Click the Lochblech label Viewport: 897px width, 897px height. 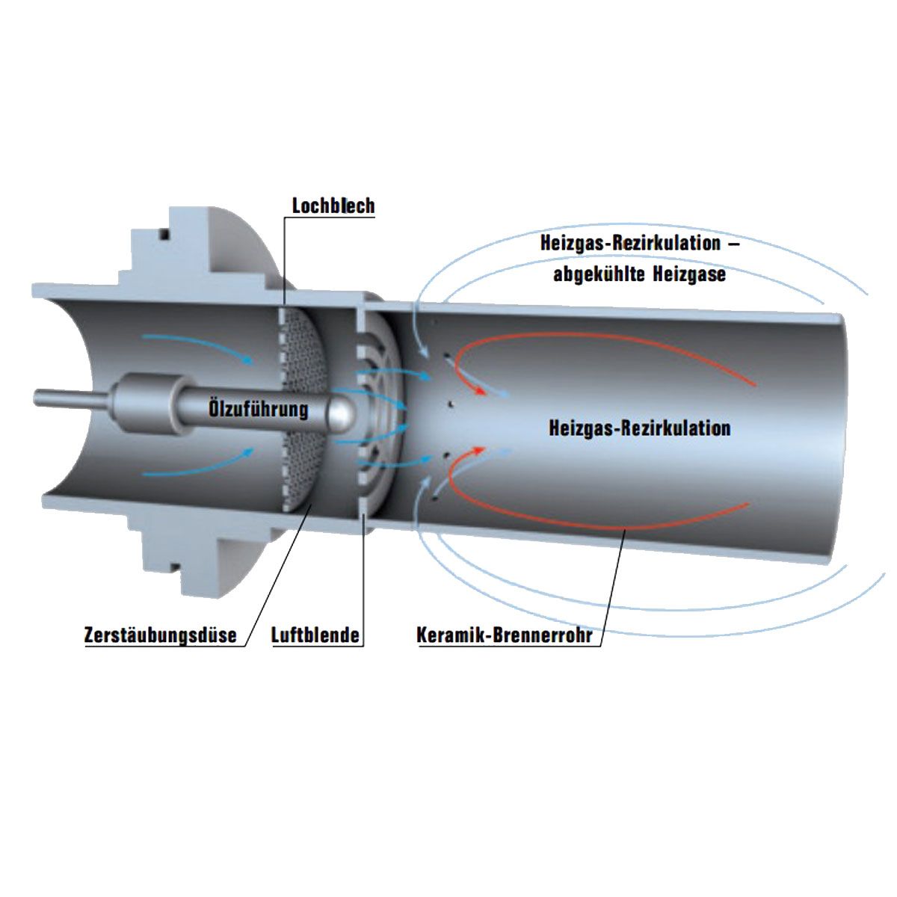333,206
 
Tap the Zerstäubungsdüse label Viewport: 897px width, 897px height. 161,635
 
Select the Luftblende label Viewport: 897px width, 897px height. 315,635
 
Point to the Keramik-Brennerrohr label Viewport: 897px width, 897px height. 505,635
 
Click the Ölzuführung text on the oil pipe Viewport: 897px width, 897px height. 259,409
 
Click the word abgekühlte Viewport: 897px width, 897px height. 599,274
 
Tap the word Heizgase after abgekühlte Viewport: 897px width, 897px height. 689,274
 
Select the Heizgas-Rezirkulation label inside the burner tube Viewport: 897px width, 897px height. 640,428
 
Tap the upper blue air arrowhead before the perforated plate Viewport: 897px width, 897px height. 247,360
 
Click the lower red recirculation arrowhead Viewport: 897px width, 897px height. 479,450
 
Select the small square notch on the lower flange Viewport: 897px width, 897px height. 174,567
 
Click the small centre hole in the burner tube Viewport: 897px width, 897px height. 450,404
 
